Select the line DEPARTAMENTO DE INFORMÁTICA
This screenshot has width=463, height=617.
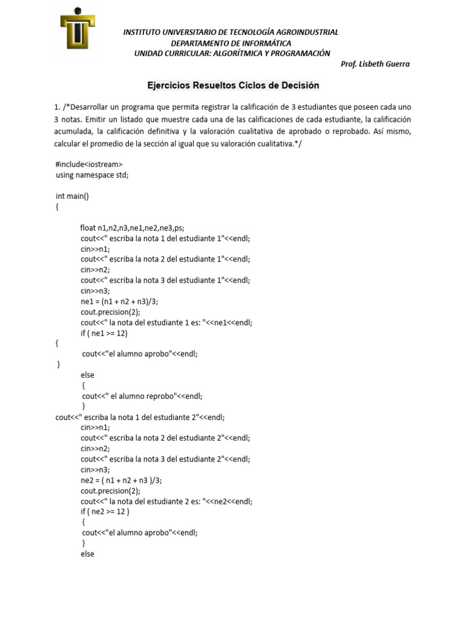[231, 43]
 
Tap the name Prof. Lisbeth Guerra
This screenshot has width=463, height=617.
[375, 64]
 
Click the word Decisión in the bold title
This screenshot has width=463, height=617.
[298, 86]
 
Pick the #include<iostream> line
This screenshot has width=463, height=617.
[89, 164]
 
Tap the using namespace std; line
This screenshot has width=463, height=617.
[92, 175]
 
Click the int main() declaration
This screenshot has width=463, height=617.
[72, 196]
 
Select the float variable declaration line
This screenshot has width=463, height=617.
[132, 228]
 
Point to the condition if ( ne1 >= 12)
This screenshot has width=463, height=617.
[104, 333]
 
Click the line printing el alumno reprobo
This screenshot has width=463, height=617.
[142, 396]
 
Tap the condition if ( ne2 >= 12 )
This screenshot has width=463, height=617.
[106, 512]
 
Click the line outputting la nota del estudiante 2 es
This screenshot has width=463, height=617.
[166, 501]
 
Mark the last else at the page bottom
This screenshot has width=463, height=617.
[87, 554]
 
